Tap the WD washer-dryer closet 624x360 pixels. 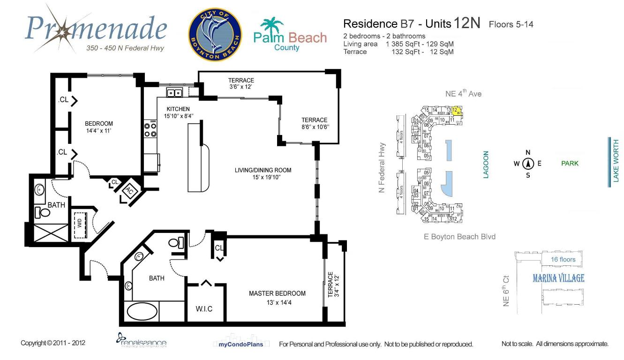click(80, 223)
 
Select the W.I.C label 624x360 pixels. click(203, 308)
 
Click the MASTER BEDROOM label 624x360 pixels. click(277, 293)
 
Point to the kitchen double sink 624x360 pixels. click(175, 93)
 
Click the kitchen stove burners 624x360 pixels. click(150, 130)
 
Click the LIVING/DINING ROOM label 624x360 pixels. click(263, 170)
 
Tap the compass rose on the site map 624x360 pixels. click(528, 164)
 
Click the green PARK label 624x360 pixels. click(570, 164)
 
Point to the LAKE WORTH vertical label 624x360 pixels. click(616, 162)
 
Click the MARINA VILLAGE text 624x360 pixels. click(558, 278)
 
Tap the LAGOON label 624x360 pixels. click(486, 165)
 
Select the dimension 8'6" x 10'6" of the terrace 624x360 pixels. click(315, 127)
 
